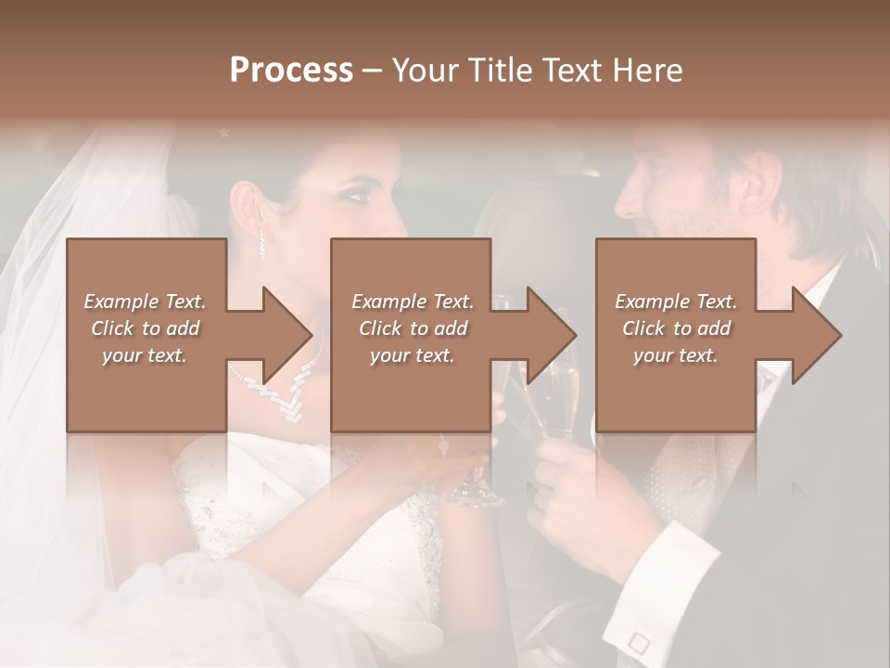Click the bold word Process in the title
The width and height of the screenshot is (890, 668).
click(x=291, y=71)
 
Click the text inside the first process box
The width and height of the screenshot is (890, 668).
click(x=145, y=328)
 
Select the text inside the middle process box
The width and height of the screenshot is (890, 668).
click(x=412, y=328)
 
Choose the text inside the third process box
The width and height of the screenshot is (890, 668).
click(x=676, y=328)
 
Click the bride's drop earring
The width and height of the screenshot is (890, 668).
click(x=261, y=243)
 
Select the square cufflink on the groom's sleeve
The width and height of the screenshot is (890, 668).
click(x=637, y=641)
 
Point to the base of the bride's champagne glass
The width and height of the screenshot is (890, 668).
click(x=473, y=496)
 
